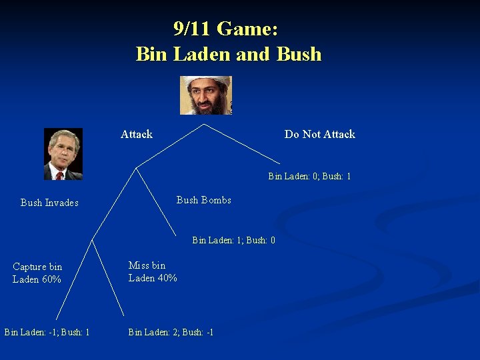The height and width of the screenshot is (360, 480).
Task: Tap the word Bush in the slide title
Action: click(298, 54)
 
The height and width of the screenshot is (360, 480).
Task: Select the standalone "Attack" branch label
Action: click(137, 134)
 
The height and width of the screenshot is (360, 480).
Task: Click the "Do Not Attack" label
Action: click(319, 134)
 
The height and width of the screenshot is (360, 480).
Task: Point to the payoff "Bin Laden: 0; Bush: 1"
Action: click(309, 177)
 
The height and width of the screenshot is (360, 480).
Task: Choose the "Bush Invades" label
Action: click(49, 203)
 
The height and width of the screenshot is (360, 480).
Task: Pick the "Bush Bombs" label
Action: click(203, 200)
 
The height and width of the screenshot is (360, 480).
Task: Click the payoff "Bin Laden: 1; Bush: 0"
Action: click(233, 240)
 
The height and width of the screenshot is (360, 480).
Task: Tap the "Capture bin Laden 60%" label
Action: click(37, 273)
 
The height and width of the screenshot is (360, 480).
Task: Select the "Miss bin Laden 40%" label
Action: click(153, 271)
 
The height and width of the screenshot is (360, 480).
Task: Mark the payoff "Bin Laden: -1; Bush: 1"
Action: click(47, 331)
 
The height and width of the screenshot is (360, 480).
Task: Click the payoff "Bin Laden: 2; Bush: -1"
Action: click(171, 331)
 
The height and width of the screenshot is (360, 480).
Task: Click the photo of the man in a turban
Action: click(205, 95)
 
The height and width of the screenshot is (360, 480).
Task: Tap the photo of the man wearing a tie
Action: click(63, 154)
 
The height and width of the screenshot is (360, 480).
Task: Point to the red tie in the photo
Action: click(59, 175)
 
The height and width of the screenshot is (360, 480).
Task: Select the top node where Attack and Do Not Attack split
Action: click(203, 123)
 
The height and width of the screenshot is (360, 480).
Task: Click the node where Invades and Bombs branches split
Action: click(136, 167)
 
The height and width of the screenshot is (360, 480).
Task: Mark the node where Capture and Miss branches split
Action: click(91, 240)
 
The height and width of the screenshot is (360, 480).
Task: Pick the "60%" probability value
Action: click(51, 279)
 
